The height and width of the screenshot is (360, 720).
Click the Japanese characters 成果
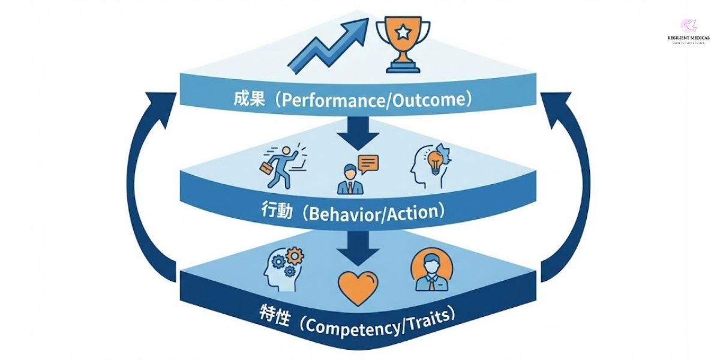point(248,100)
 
